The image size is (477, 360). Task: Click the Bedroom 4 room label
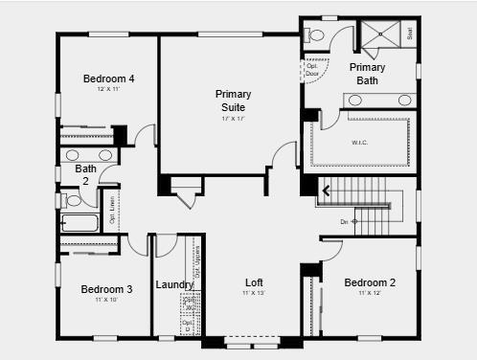[x=108, y=79]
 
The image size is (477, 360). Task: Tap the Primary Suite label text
[x=234, y=100]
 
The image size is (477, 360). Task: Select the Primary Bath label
[x=367, y=74]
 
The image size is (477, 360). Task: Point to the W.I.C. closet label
[x=360, y=144]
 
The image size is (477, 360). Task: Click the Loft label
[x=254, y=282]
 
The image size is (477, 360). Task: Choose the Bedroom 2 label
[x=370, y=282]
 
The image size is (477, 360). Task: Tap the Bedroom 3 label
[x=106, y=289]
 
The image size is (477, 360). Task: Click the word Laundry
[x=174, y=284]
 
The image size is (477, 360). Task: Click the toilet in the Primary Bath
[x=317, y=35]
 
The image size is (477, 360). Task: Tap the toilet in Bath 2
[x=72, y=200]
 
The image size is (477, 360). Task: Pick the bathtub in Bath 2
[x=79, y=223]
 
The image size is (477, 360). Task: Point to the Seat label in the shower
[x=410, y=34]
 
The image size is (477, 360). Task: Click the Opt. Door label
[x=312, y=69]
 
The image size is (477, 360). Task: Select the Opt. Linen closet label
[x=112, y=210]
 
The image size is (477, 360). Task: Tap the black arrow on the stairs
[x=326, y=191]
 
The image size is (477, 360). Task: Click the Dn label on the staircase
[x=345, y=221]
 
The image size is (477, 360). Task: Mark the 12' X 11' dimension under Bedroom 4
[x=108, y=89]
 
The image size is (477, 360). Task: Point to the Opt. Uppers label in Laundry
[x=195, y=256]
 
